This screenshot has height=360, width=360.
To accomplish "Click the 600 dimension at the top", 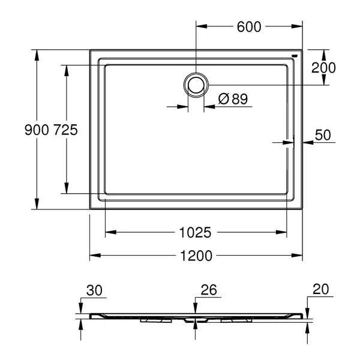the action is pos(249,26).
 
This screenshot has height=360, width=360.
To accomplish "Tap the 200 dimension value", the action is pos(323,68).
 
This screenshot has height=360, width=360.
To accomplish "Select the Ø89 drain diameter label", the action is pos(233,99).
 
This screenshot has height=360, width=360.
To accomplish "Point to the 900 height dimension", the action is pos(37,130).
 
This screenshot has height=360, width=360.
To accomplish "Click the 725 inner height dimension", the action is pos(65,130).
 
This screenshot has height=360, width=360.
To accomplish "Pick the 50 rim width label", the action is pos(323,135).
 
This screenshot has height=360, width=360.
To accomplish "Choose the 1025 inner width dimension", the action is pos(195,232).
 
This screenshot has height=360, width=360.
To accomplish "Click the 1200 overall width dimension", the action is pos(196,256).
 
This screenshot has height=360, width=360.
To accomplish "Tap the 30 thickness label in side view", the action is pos(94,290).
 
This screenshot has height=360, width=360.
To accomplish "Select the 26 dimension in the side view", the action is pos(209,290).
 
